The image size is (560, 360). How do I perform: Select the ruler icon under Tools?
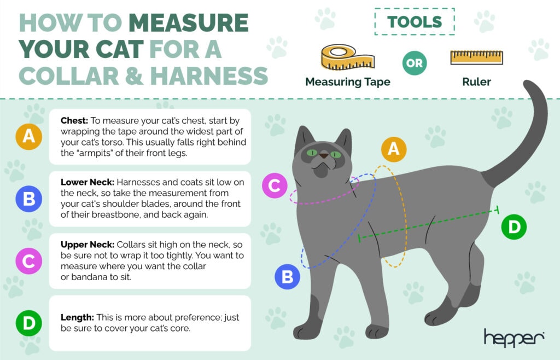click(476, 57)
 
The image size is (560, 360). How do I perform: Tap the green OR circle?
click(415, 63)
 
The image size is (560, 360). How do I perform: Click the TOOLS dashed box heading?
click(415, 22)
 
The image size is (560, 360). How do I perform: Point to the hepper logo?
click(514, 338)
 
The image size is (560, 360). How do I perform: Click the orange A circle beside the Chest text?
click(28, 137)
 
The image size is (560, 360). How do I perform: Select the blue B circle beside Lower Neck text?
click(28, 199)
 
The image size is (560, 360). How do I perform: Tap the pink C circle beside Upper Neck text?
click(28, 262)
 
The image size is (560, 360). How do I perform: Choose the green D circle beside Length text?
click(28, 323)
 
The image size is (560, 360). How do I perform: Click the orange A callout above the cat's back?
click(393, 149)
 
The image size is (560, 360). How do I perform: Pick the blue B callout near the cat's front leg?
click(287, 277)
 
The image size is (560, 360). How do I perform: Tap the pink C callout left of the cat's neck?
click(275, 185)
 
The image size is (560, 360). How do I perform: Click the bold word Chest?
click(74, 121)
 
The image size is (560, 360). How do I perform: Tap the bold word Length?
click(77, 317)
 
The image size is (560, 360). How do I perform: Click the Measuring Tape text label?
click(347, 82)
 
